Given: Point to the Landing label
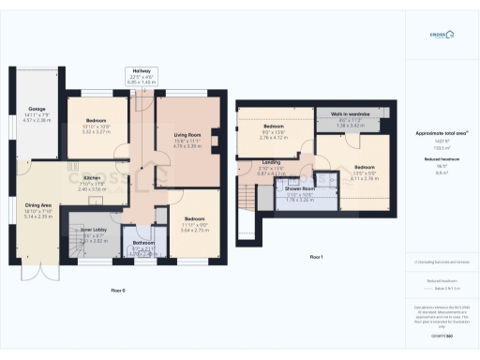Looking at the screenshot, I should click(271, 164).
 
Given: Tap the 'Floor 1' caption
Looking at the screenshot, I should click(317, 255).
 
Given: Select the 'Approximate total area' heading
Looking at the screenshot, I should click(441, 134).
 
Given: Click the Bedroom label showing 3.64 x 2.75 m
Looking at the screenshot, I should click(187, 221).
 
